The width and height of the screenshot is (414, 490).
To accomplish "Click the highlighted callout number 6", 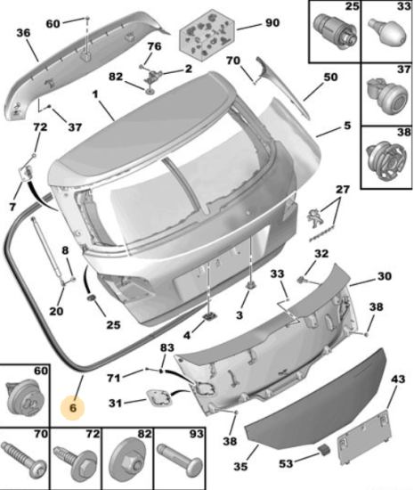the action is pyautogui.click(x=73, y=407).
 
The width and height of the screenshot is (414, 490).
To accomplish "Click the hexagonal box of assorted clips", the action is pyautogui.click(x=207, y=34).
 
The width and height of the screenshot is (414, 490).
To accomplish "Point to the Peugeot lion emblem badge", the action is pyautogui.click(x=313, y=219).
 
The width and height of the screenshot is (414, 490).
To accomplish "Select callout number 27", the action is pyautogui.click(x=342, y=190).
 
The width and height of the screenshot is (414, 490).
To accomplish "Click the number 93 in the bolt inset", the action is pyautogui.click(x=196, y=434).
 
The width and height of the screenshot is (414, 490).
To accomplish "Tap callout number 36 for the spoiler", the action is pyautogui.click(x=23, y=32).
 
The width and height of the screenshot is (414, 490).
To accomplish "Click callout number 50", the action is pyautogui.click(x=330, y=77).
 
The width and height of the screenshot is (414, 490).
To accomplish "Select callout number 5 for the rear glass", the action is pyautogui.click(x=347, y=126).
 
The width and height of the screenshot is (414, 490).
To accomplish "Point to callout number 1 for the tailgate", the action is pyautogui.click(x=95, y=94).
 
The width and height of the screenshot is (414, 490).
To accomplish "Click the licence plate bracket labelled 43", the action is pyautogui.click(x=364, y=436).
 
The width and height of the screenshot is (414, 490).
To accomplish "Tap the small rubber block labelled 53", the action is pyautogui.click(x=324, y=450).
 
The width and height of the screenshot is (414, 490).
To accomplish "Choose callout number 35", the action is pyautogui.click(x=240, y=466).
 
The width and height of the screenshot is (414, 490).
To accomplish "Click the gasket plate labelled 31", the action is pyautogui.click(x=159, y=398).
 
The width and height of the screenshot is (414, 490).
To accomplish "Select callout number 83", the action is pyautogui.click(x=167, y=347).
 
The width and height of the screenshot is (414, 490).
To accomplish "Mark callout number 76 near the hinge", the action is pyautogui.click(x=154, y=46).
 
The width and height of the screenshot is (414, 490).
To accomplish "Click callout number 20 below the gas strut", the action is pyautogui.click(x=56, y=311).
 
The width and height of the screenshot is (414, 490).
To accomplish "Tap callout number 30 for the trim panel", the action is pyautogui.click(x=384, y=276).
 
